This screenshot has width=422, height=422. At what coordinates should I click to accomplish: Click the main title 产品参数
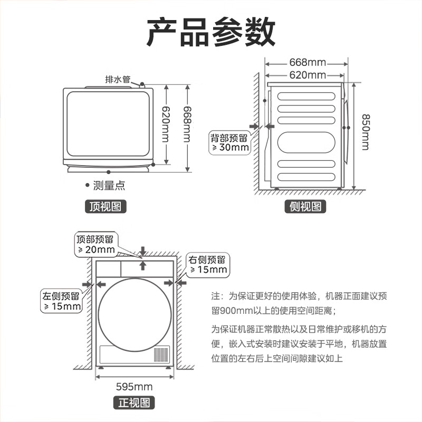pyautogui.click(x=210, y=31)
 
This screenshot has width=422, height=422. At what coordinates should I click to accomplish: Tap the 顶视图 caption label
pyautogui.click(x=107, y=206)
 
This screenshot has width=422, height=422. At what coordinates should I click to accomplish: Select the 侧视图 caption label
pyautogui.click(x=306, y=206)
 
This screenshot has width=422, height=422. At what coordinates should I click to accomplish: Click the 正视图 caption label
pyautogui.click(x=135, y=404)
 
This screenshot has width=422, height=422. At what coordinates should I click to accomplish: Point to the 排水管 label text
pyautogui.click(x=117, y=80)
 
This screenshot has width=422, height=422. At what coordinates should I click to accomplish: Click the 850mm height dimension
pyautogui.click(x=365, y=132)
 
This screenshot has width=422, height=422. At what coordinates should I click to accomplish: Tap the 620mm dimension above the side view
pyautogui.click(x=308, y=75)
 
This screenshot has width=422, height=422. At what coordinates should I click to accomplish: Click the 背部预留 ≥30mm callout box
pyautogui.click(x=229, y=142)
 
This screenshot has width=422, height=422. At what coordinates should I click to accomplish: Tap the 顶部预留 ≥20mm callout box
pyautogui.click(x=95, y=244)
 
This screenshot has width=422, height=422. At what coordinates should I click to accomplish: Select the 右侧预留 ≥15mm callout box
pyautogui.click(x=207, y=264)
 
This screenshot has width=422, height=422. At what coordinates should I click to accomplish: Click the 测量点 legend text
pyautogui.click(x=109, y=186)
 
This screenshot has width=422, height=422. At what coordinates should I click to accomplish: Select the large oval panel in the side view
pyautogui.click(x=307, y=142)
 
